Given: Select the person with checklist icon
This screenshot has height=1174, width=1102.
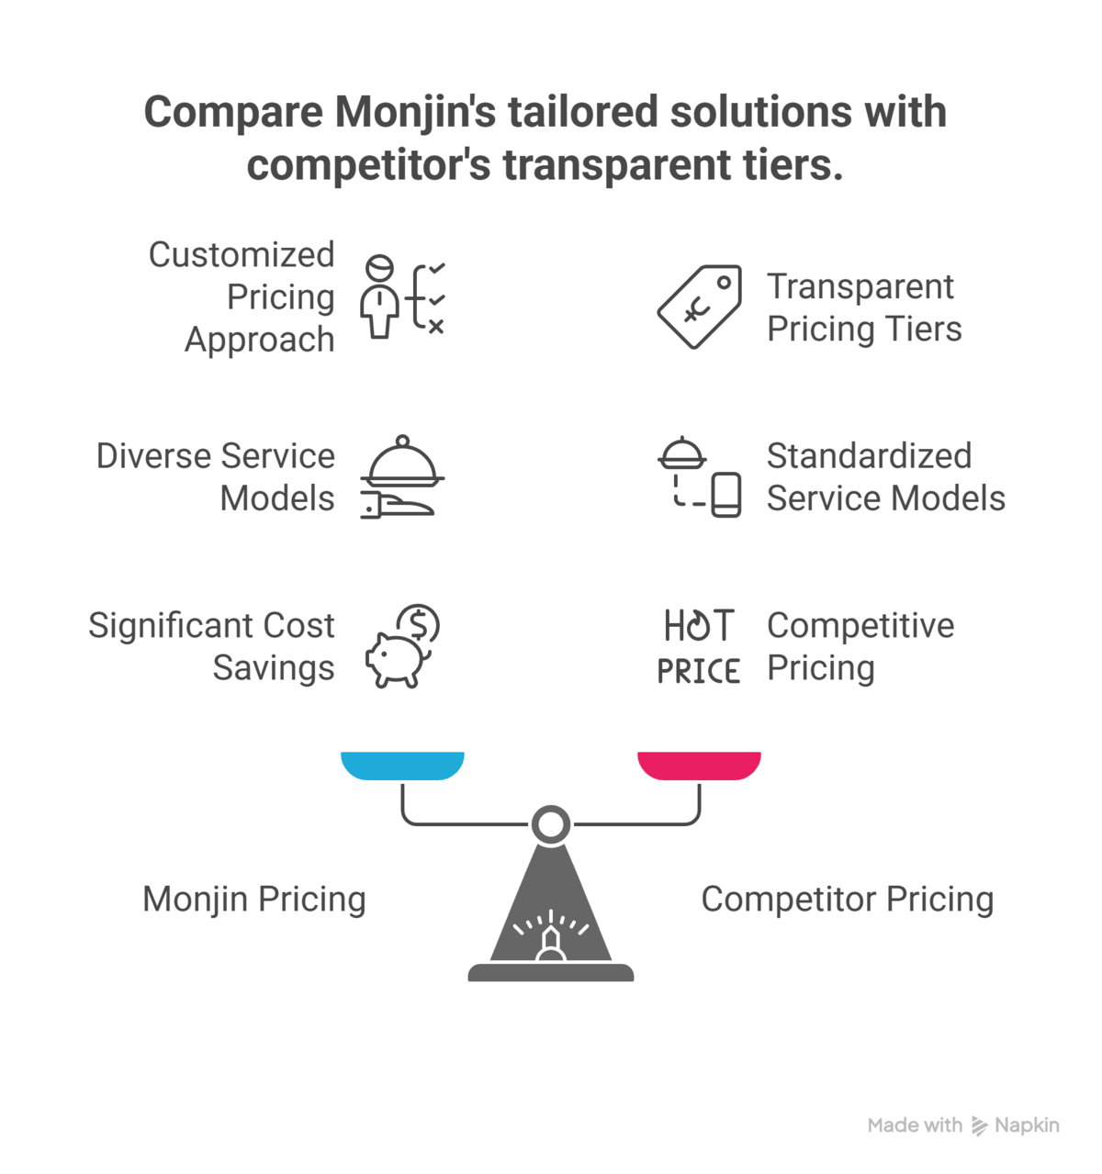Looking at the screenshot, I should pyautogui.click(x=401, y=297).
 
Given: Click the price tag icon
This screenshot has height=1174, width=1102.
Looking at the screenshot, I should pyautogui.click(x=700, y=307).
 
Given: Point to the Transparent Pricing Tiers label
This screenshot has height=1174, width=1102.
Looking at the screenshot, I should pyautogui.click(x=863, y=307).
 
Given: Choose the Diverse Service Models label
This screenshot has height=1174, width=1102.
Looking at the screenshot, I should pyautogui.click(x=215, y=477).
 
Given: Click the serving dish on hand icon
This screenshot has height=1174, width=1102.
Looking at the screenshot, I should pyautogui.click(x=401, y=477).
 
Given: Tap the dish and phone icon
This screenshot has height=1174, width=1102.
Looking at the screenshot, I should pyautogui.click(x=700, y=477).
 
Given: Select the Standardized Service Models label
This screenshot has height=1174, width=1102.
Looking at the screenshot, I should pyautogui.click(x=885, y=477).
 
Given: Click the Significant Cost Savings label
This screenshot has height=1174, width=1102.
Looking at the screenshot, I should pyautogui.click(x=211, y=646).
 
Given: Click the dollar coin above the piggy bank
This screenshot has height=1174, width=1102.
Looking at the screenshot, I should pyautogui.click(x=421, y=624).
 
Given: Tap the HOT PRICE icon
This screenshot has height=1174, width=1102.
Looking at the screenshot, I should pyautogui.click(x=699, y=647).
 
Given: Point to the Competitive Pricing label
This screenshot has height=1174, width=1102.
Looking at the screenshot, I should pyautogui.click(x=860, y=646).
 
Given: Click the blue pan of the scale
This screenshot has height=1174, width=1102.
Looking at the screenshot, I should pyautogui.click(x=402, y=766).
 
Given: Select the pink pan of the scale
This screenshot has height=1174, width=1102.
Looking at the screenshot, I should pyautogui.click(x=699, y=766).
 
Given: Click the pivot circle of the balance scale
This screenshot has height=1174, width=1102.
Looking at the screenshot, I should pyautogui.click(x=551, y=824).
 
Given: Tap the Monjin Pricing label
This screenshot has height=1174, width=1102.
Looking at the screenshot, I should pyautogui.click(x=254, y=900).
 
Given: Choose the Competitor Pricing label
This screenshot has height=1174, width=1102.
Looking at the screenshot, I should pyautogui.click(x=847, y=900).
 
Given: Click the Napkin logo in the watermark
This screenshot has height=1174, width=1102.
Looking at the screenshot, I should pyautogui.click(x=980, y=1126).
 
